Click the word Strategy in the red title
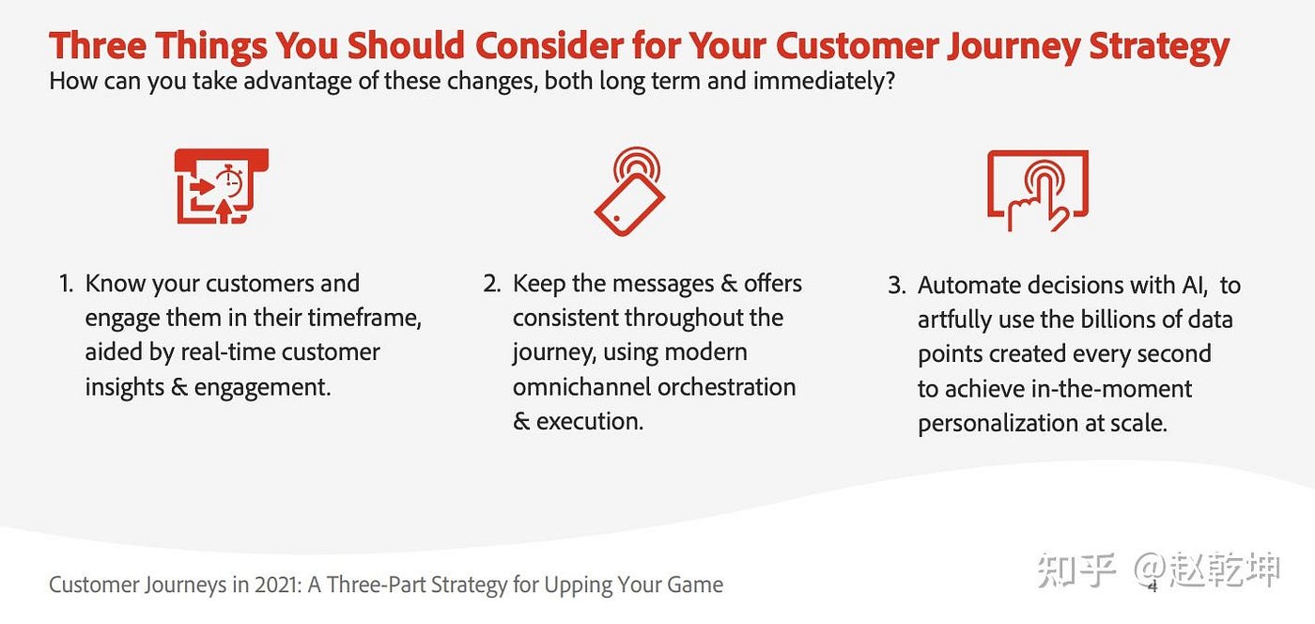click(1159, 46)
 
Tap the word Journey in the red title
click(1013, 46)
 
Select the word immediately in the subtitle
click(824, 82)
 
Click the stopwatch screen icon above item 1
click(222, 186)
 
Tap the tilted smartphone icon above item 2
click(630, 192)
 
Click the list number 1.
click(66, 284)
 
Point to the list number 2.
click(492, 284)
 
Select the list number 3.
click(897, 286)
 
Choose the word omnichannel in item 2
click(581, 387)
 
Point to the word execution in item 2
click(590, 421)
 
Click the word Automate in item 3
click(968, 286)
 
